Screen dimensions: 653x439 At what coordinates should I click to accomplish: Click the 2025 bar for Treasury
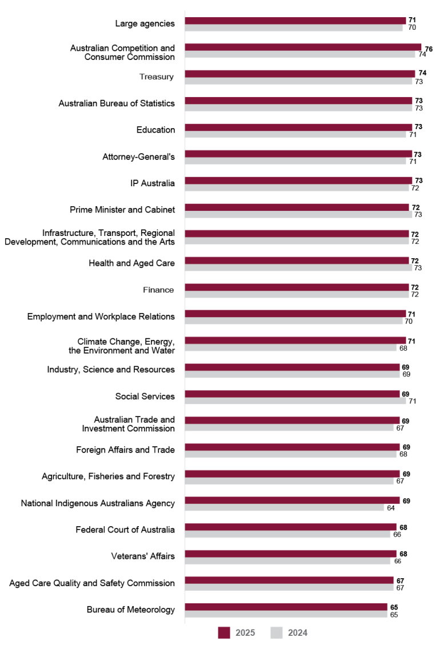(300, 74)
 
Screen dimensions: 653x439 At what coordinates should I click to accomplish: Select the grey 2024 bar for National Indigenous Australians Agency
(284, 507)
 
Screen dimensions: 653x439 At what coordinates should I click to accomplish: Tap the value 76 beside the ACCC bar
(428, 49)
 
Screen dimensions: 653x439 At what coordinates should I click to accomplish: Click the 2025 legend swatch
(224, 632)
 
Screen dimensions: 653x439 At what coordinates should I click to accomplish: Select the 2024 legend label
(297, 632)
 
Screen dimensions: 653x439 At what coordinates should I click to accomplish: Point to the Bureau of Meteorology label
(130, 610)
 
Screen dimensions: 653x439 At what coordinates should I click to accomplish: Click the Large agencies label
(145, 23)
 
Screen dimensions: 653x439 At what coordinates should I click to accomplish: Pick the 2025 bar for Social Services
(292, 394)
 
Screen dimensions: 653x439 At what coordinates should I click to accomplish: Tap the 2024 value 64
(390, 508)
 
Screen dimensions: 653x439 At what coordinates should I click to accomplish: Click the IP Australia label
(152, 183)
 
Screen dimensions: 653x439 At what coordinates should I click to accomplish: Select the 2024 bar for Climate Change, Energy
(290, 347)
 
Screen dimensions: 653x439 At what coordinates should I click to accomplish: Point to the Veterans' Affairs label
(143, 556)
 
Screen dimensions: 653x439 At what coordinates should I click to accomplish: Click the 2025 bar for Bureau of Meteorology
(286, 607)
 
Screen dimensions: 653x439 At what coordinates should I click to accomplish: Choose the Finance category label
(158, 290)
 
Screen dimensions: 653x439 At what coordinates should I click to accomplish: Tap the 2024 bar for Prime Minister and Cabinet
(298, 214)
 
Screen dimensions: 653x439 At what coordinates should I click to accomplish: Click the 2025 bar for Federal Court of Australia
(290, 527)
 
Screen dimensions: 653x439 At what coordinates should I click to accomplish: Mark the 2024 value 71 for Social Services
(413, 401)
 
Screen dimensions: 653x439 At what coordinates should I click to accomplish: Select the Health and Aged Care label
(131, 263)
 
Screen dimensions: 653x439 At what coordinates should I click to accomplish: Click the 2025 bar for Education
(298, 127)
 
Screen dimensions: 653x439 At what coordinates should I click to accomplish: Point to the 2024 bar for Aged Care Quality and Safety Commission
(289, 587)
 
